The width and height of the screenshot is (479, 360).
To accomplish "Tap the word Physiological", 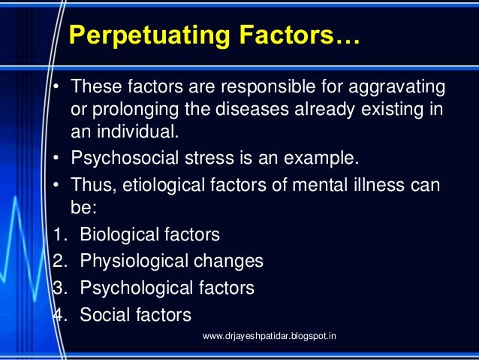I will [x=127, y=262].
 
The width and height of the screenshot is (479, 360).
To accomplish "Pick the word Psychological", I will [x=129, y=288].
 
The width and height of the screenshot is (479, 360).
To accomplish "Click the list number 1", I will [x=57, y=234].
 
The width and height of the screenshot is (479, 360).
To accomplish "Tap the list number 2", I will [x=57, y=262].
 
